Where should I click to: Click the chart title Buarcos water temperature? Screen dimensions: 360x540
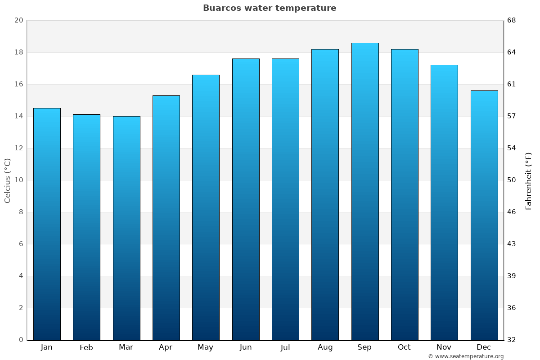click(270, 8)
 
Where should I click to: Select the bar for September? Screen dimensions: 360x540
click(365, 191)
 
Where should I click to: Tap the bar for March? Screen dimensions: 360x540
click(126, 228)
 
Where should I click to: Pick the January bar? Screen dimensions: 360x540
click(47, 224)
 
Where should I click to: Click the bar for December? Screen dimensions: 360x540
click(484, 215)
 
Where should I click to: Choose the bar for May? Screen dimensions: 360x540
click(206, 207)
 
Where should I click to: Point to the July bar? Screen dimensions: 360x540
click(285, 199)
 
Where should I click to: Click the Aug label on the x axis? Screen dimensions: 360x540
click(325, 347)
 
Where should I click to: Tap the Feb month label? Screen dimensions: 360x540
click(86, 347)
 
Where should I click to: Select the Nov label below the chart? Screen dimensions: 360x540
click(444, 347)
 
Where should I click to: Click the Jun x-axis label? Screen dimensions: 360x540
click(246, 347)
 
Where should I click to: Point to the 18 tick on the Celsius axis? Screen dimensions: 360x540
click(18, 52)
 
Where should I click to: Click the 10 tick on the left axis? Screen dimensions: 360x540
click(18, 180)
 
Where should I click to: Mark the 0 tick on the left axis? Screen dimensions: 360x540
click(21, 340)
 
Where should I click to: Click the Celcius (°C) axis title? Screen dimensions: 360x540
click(7, 180)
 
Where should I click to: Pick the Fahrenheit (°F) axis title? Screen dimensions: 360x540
click(528, 180)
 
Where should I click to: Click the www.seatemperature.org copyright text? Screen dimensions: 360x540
click(466, 356)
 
